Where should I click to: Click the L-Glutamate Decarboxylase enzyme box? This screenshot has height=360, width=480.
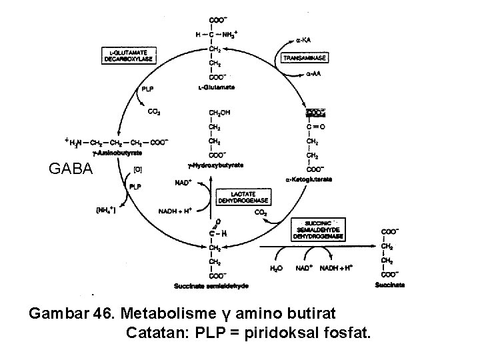131,55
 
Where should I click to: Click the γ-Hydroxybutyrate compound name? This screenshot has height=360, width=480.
216,165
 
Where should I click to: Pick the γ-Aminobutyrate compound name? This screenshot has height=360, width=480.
114,152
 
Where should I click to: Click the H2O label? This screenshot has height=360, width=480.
276,268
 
